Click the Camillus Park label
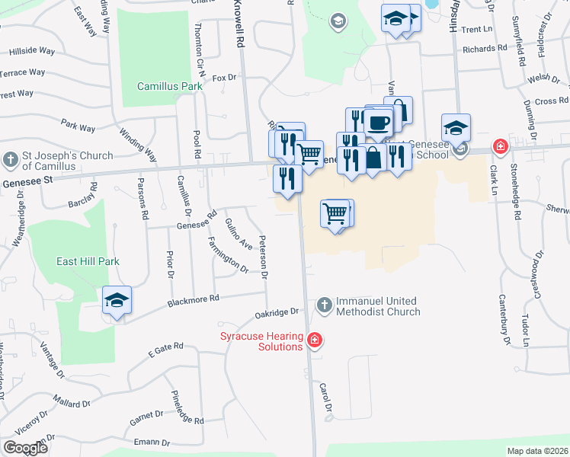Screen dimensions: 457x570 [x=170, y=86]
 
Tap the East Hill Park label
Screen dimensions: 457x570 [x=88, y=261]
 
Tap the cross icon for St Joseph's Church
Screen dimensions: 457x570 [x=10, y=160]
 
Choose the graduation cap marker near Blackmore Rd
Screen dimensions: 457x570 [x=117, y=301]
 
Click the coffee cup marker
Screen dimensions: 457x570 [x=378, y=121]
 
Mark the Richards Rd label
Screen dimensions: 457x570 [x=485, y=48]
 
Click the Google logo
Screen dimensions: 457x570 [x=25, y=448]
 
